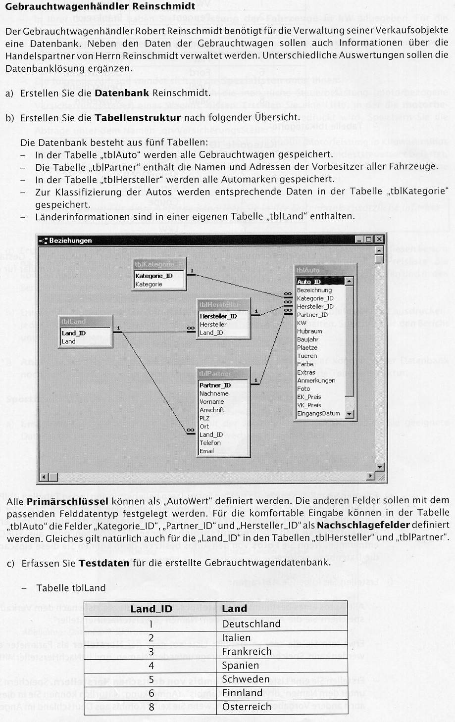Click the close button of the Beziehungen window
pyautogui.click(x=379, y=240)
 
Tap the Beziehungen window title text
pyautogui.click(x=70, y=241)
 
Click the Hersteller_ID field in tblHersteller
pyautogui.click(x=218, y=316)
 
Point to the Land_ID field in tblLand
pyautogui.click(x=74, y=333)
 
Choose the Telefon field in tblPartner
pyautogui.click(x=210, y=443)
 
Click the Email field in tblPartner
pyautogui.click(x=206, y=451)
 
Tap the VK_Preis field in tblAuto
pyautogui.click(x=309, y=405)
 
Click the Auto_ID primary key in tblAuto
pyautogui.click(x=309, y=282)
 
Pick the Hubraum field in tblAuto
pyautogui.click(x=309, y=331)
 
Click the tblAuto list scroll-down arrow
pyautogui.click(x=349, y=414)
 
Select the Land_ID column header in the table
pyautogui.click(x=151, y=609)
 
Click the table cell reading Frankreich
pyautogui.click(x=247, y=651)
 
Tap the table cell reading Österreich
pyautogui.click(x=247, y=707)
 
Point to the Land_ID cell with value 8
pyautogui.click(x=151, y=707)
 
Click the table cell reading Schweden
pyautogui.click(x=246, y=679)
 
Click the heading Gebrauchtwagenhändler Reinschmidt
pyautogui.click(x=101, y=7)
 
